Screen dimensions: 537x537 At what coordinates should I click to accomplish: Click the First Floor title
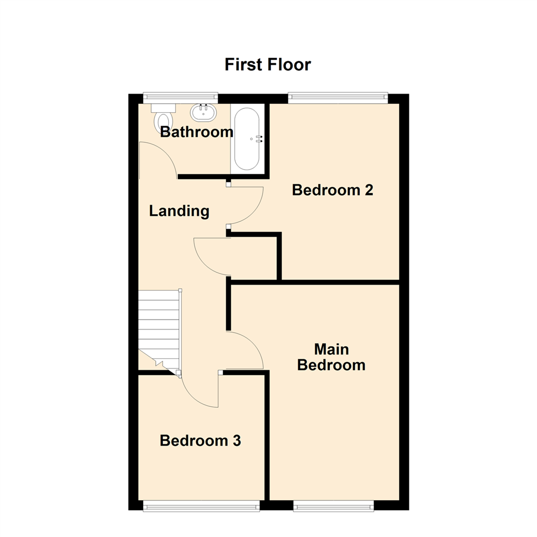(x=268, y=65)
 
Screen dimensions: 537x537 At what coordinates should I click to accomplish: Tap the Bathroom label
(x=196, y=132)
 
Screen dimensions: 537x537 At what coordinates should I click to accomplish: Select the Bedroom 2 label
(x=332, y=190)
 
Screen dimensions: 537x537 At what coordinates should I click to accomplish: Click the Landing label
(x=179, y=211)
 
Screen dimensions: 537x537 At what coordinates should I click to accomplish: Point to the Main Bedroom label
(x=331, y=357)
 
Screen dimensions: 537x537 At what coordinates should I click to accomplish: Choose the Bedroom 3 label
(x=200, y=441)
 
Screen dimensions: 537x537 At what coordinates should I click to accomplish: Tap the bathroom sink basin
(x=203, y=113)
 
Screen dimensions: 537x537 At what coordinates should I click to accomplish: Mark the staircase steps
(x=158, y=328)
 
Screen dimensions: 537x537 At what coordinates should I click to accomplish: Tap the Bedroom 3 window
(x=201, y=506)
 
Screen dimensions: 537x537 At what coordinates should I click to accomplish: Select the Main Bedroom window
(x=333, y=506)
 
